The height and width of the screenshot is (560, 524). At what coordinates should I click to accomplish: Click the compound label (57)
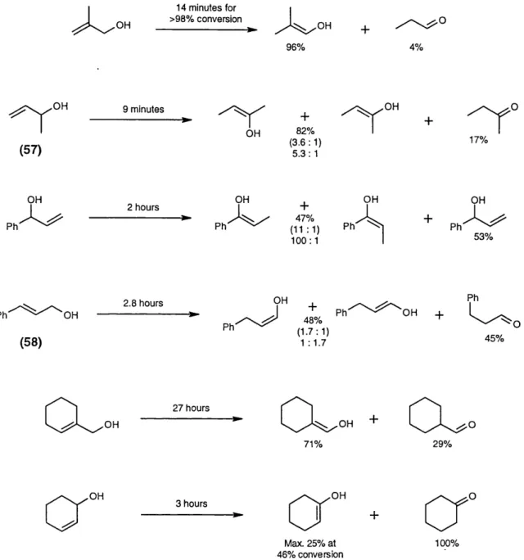click(30, 150)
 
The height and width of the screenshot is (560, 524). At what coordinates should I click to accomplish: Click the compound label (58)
click(30, 342)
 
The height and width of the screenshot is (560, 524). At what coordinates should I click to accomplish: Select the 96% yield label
click(296, 47)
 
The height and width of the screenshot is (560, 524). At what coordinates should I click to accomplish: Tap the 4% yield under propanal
click(416, 47)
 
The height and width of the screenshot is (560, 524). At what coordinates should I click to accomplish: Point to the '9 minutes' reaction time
click(143, 109)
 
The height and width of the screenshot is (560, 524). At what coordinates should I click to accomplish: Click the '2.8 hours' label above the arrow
click(143, 303)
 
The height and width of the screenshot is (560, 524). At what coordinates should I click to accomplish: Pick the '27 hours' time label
click(191, 408)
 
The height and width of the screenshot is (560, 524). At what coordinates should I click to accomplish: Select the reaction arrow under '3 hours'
click(192, 515)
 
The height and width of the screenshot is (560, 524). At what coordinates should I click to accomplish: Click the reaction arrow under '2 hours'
click(140, 218)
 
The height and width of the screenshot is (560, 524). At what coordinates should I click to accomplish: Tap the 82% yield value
click(305, 131)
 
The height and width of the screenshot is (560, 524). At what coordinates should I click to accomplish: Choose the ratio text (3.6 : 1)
click(305, 142)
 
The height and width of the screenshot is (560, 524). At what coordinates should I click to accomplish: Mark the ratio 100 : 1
click(305, 241)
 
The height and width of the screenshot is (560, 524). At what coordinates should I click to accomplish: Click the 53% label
click(483, 237)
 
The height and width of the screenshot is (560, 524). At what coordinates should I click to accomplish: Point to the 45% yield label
click(495, 338)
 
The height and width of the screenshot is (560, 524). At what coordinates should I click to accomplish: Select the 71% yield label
click(314, 444)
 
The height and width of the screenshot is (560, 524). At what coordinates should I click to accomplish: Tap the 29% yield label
click(442, 444)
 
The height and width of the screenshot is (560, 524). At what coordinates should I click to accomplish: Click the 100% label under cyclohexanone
click(447, 544)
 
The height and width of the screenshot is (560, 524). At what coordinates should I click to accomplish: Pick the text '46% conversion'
click(310, 554)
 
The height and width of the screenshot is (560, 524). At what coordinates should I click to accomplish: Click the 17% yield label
click(479, 140)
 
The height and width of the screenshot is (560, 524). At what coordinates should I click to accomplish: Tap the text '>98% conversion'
click(206, 19)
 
